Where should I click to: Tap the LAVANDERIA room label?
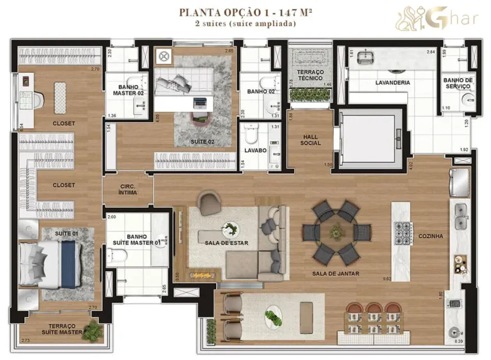tap(392, 82)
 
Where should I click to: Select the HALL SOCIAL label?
tap(311, 139)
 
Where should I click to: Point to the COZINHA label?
tap(429, 236)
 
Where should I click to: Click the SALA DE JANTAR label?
tap(335, 274)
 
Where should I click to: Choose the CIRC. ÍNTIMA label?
tap(128, 189)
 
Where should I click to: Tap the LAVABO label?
tap(255, 151)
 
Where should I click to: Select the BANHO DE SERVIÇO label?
tap(458, 83)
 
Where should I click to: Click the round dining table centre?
tap(336, 232)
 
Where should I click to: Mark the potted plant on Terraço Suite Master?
tap(94, 330)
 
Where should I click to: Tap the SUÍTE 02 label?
tap(201, 141)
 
